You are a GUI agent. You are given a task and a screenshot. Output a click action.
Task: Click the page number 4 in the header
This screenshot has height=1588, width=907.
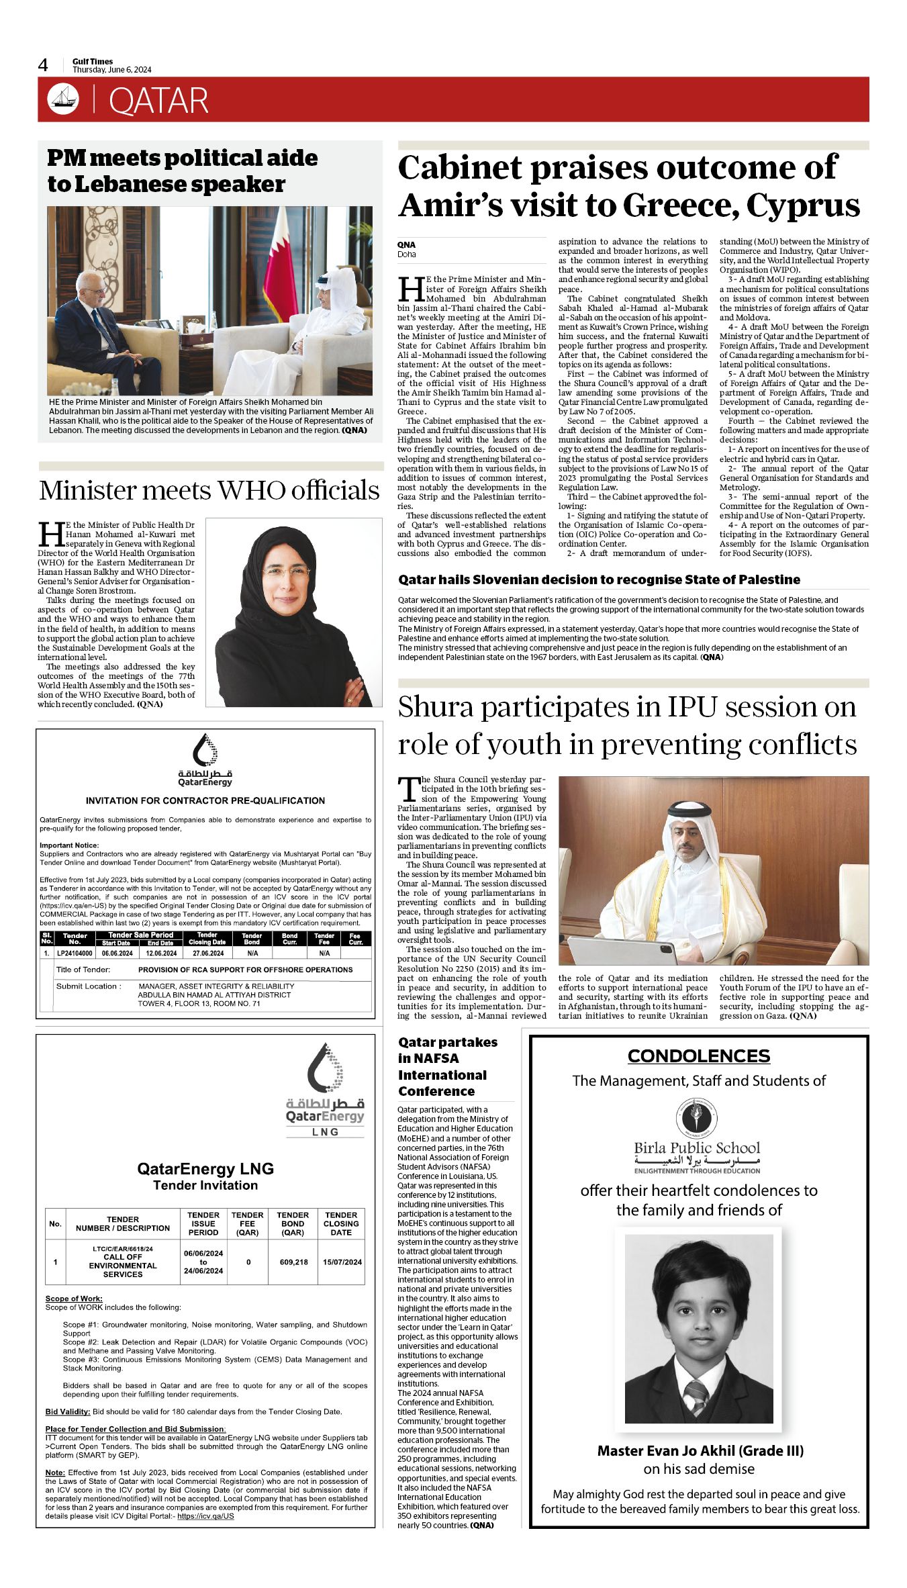point(43,65)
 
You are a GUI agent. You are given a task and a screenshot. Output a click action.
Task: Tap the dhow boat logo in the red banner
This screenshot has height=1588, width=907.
point(62,99)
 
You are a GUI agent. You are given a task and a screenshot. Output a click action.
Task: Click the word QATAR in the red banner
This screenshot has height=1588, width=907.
point(158,101)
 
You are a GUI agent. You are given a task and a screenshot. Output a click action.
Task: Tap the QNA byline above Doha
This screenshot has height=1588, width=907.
point(406,245)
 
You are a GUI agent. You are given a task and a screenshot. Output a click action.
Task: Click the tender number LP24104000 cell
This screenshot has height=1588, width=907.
point(75,953)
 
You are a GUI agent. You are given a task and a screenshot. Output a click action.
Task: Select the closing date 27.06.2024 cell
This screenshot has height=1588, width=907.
point(207,953)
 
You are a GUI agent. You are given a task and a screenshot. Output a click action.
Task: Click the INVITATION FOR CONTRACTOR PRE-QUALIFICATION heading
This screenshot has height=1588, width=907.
point(205,800)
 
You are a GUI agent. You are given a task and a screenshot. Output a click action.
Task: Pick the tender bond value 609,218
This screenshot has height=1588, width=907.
point(293,1262)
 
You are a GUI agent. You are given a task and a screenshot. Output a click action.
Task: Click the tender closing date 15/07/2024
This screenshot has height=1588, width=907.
point(342,1262)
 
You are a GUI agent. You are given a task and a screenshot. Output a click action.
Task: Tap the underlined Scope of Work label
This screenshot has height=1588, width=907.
point(74,1299)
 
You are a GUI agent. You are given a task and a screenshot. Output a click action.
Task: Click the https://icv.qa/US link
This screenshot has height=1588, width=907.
point(205,1515)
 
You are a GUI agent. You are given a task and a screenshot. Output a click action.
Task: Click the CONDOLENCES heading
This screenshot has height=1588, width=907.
point(698,1056)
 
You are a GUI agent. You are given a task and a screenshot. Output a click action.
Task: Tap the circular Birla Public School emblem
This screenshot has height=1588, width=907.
point(696,1117)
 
